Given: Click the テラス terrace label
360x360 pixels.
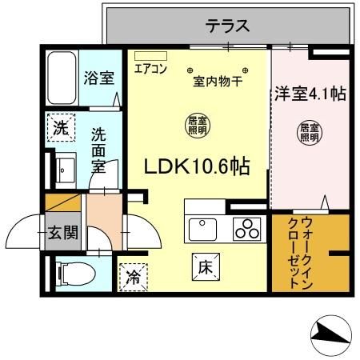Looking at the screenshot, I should (228, 26).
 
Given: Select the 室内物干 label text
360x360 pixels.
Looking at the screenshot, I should (218, 80).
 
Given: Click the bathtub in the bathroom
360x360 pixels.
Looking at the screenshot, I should (61, 78).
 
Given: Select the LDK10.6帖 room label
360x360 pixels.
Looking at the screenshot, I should (195, 166).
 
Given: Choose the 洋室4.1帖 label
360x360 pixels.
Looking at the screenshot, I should (309, 94).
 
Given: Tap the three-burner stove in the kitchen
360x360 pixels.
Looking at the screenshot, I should (247, 229).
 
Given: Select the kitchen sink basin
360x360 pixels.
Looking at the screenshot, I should (205, 230).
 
